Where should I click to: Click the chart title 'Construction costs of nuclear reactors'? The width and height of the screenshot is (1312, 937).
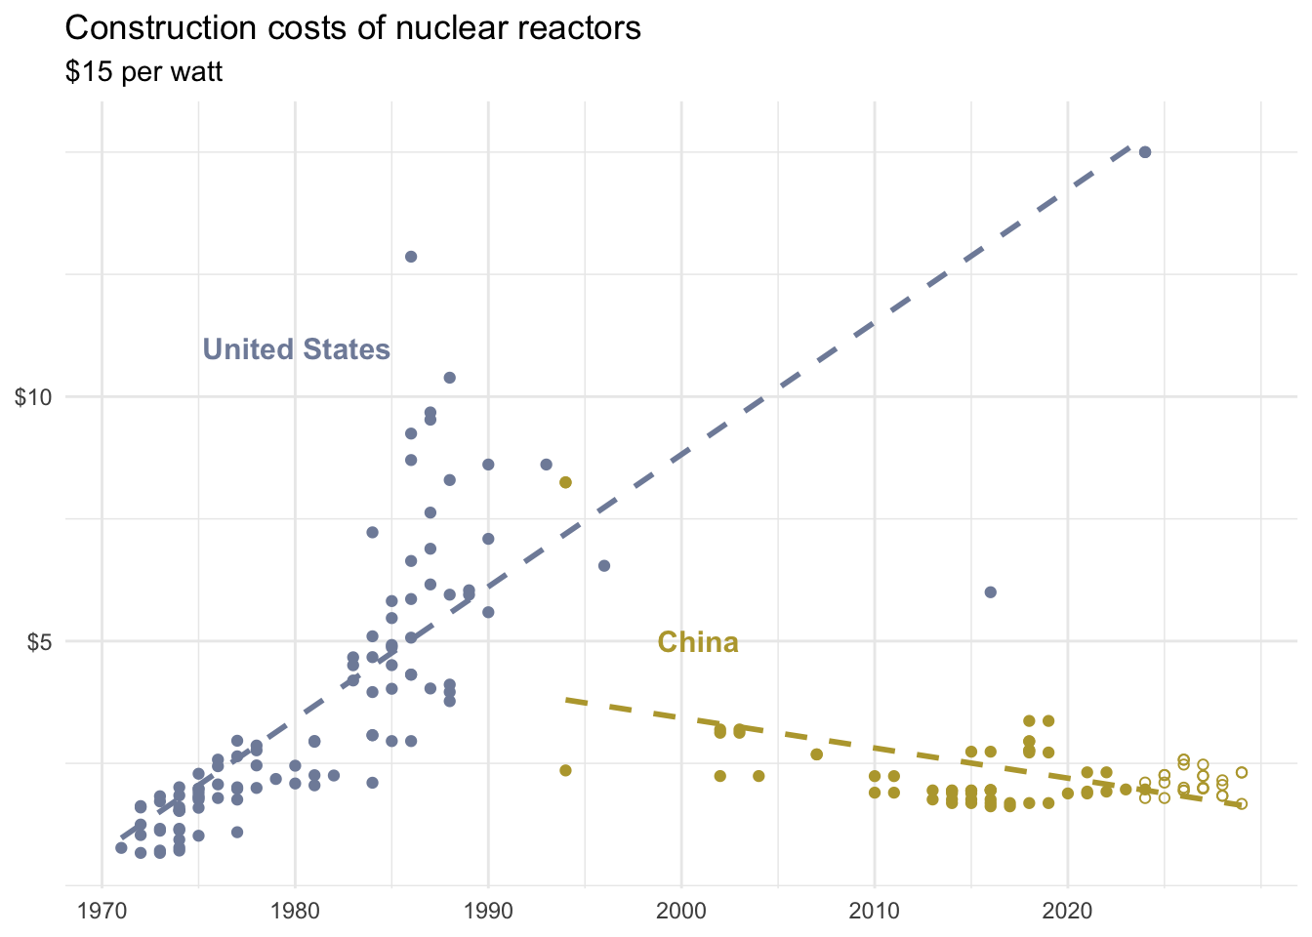[352, 28]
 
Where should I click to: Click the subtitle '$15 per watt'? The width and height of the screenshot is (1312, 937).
[143, 72]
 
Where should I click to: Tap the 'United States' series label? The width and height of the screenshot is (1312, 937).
[296, 349]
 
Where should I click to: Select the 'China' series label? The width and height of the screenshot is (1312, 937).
[698, 642]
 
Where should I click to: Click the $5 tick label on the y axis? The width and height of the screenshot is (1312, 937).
[38, 642]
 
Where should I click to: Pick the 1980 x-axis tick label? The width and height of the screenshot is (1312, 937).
[295, 910]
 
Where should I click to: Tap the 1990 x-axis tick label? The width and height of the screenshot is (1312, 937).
[488, 910]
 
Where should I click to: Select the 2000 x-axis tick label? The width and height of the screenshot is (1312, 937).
[681, 910]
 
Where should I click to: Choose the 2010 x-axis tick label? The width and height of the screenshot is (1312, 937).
[875, 910]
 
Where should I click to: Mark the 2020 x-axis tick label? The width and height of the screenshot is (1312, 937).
[1068, 910]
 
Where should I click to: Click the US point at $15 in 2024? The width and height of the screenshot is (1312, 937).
[1145, 152]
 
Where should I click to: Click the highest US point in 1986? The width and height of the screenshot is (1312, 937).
[411, 257]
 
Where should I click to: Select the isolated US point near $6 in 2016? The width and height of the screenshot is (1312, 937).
[991, 592]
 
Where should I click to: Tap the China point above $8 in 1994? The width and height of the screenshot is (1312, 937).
[565, 483]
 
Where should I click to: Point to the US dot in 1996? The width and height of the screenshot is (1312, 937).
[604, 566]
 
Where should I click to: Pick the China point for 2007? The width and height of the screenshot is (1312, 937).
[817, 754]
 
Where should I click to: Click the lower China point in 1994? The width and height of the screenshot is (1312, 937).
[565, 771]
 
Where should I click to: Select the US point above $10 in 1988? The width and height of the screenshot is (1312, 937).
[450, 378]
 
